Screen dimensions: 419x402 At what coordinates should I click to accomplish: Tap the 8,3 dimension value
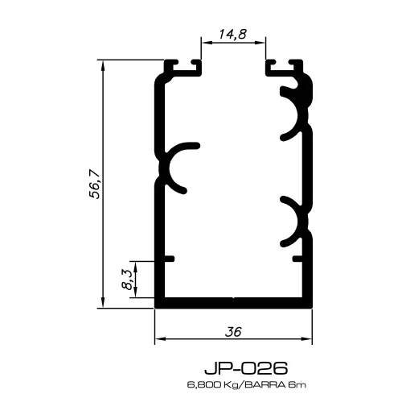click(x=125, y=280)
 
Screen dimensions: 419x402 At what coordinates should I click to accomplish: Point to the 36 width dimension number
click(x=233, y=331)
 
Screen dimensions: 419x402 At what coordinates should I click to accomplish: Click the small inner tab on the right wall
click(x=299, y=259)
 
